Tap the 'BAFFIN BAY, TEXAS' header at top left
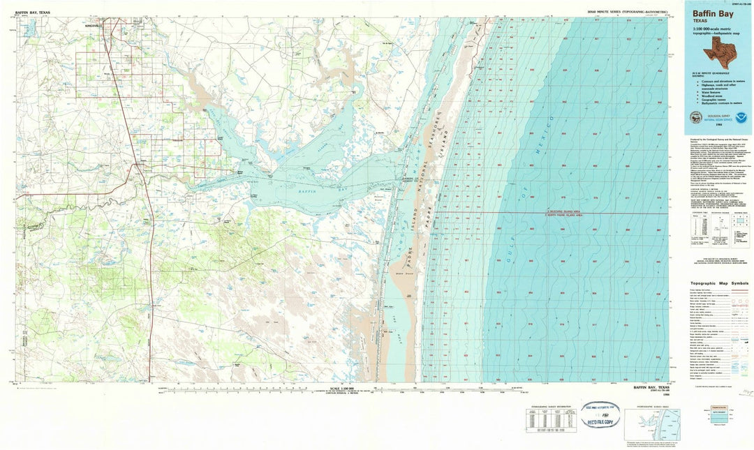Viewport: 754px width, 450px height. pyautogui.click(x=32, y=13)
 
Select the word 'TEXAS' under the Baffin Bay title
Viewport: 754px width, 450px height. pyautogui.click(x=700, y=22)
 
